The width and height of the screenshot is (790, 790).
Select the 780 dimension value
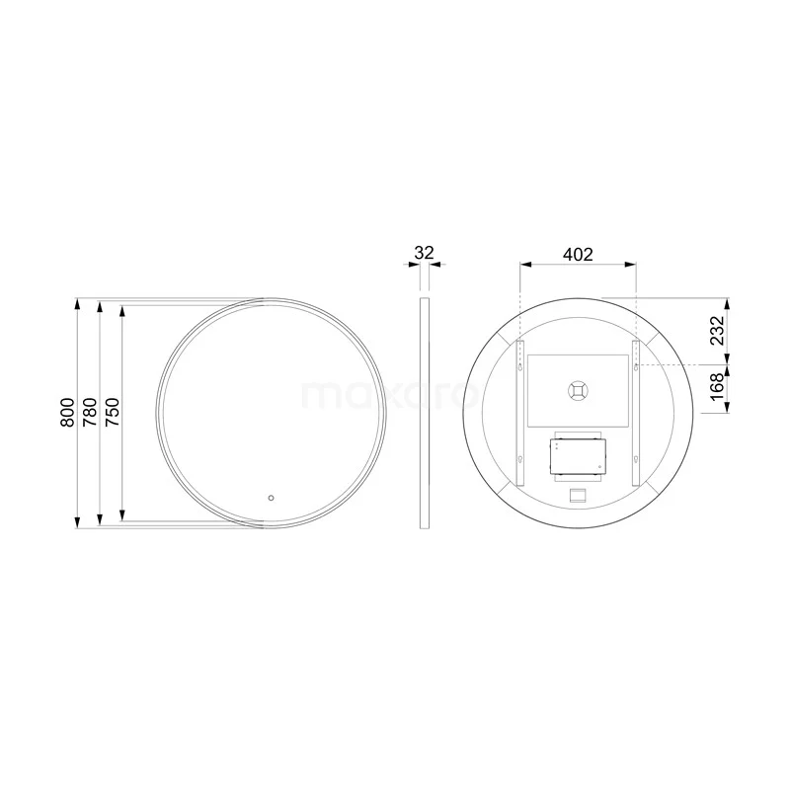pyautogui.click(x=90, y=412)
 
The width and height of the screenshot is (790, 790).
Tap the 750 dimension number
pyautogui.click(x=113, y=412)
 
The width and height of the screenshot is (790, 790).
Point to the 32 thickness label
pyautogui.click(x=424, y=253)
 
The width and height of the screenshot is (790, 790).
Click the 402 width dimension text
pyautogui.click(x=578, y=254)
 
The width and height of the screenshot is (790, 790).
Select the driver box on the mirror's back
pyautogui.click(x=579, y=454)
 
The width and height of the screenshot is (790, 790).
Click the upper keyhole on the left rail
pyautogui.click(x=521, y=366)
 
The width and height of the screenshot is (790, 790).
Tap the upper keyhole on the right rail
pyautogui.click(x=636, y=366)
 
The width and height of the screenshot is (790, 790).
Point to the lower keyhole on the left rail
pyautogui.click(x=521, y=458)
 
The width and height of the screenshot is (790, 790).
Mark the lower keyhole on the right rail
pyautogui.click(x=636, y=458)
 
